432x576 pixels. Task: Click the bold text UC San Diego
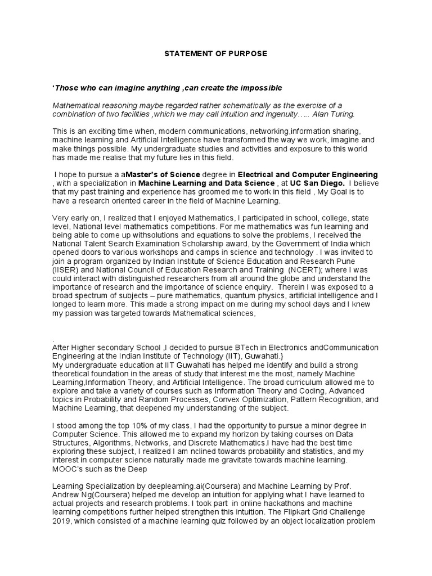pyautogui.click(x=321, y=183)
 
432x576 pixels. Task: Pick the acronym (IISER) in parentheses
pyautogui.click(x=65, y=269)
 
